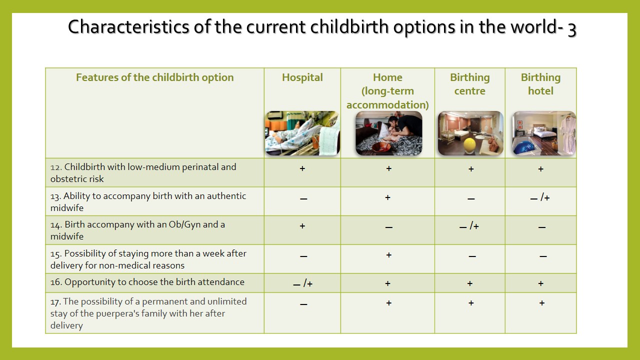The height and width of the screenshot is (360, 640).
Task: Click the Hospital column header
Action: tap(302, 77)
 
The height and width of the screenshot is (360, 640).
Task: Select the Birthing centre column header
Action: tap(469, 84)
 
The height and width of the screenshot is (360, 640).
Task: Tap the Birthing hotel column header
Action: tap(540, 84)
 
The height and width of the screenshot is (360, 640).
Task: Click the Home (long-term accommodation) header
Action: tap(387, 91)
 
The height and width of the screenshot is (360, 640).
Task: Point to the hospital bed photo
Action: tap(302, 133)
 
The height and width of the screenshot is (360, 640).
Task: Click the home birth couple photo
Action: tap(388, 133)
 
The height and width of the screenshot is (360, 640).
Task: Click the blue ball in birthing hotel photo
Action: tap(524, 147)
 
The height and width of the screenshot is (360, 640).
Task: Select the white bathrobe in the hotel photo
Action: tap(567, 133)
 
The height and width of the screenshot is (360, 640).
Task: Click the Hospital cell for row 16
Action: tap(303, 283)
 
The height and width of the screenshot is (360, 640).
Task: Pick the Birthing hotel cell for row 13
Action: tap(540, 197)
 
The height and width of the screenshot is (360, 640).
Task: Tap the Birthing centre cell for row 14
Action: tap(469, 226)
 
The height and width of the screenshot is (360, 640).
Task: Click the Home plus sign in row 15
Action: tap(388, 254)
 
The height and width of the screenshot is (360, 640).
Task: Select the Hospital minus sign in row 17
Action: tap(303, 304)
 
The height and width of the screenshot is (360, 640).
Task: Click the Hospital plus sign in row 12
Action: tap(302, 168)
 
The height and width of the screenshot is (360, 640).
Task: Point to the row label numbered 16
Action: tap(147, 282)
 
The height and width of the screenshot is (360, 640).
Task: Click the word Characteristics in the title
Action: tap(128, 27)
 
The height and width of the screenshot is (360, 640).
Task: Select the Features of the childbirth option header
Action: tap(155, 77)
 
